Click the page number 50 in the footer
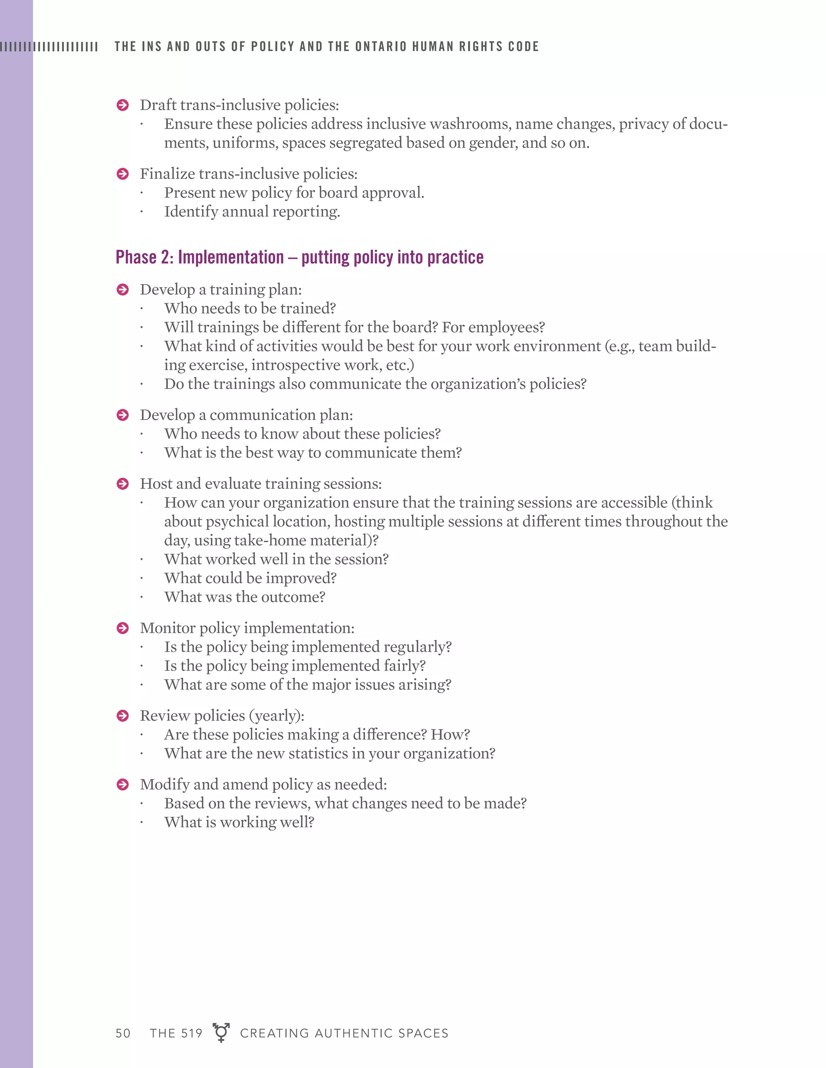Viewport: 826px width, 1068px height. pyautogui.click(x=123, y=1033)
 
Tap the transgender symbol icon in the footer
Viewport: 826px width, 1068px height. pyautogui.click(x=221, y=1032)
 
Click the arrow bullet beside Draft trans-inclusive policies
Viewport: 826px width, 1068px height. pyautogui.click(x=122, y=105)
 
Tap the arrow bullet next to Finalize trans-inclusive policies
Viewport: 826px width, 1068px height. pyautogui.click(x=122, y=174)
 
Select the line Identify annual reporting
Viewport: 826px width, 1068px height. pyautogui.click(x=252, y=212)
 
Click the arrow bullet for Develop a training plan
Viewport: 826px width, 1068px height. pyautogui.click(x=122, y=290)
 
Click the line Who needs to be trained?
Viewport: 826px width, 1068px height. pyautogui.click(x=250, y=309)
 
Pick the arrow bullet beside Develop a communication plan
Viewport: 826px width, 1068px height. pyautogui.click(x=122, y=415)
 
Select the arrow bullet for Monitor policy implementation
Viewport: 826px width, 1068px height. pyautogui.click(x=122, y=628)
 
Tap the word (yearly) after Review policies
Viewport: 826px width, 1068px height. pyautogui.click(x=276, y=716)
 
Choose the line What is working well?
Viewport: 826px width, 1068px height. pyautogui.click(x=239, y=823)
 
